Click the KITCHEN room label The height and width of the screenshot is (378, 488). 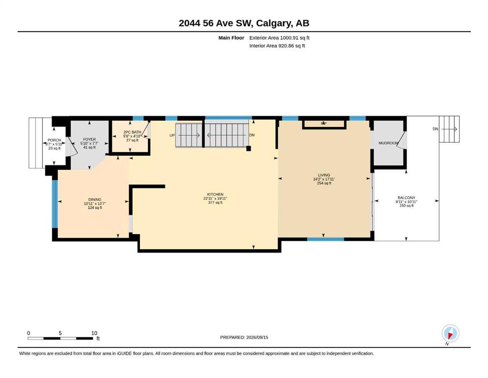(215, 194)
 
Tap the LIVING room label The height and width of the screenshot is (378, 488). (324, 175)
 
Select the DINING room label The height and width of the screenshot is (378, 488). (95, 199)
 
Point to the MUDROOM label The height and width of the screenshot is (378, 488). (388, 143)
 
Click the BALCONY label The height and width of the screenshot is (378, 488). (406, 197)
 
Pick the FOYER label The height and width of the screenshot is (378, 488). (89, 139)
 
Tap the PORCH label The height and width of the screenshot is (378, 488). (54, 140)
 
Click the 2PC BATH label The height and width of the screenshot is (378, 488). (132, 132)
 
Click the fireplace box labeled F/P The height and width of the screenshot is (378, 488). (324, 124)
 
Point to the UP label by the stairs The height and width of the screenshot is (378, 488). (172, 135)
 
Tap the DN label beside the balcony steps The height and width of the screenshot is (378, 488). (435, 128)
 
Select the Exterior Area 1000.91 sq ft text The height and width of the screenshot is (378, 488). (279, 38)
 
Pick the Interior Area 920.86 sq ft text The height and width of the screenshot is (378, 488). (277, 46)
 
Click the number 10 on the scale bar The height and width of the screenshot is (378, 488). (94, 333)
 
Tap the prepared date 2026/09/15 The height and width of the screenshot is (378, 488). (257, 337)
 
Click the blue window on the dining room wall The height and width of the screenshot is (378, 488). (55, 204)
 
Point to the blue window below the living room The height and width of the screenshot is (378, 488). (325, 239)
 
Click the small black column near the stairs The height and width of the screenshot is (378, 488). (248, 149)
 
